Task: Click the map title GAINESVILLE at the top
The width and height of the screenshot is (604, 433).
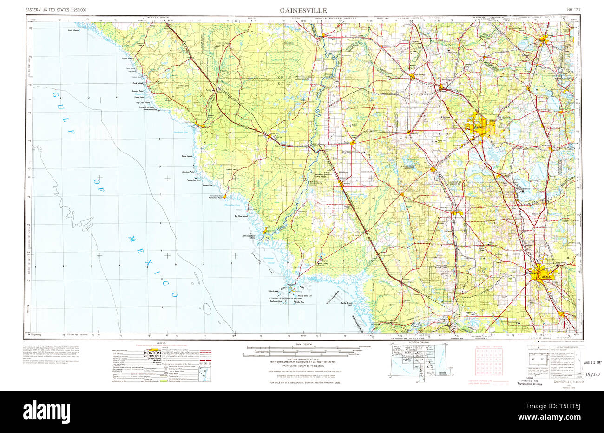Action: tap(302, 10)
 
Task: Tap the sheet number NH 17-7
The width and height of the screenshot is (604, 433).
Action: tap(573, 10)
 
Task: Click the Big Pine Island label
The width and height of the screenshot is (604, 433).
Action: tap(241, 216)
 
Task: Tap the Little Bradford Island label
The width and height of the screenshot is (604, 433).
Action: tap(249, 237)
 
